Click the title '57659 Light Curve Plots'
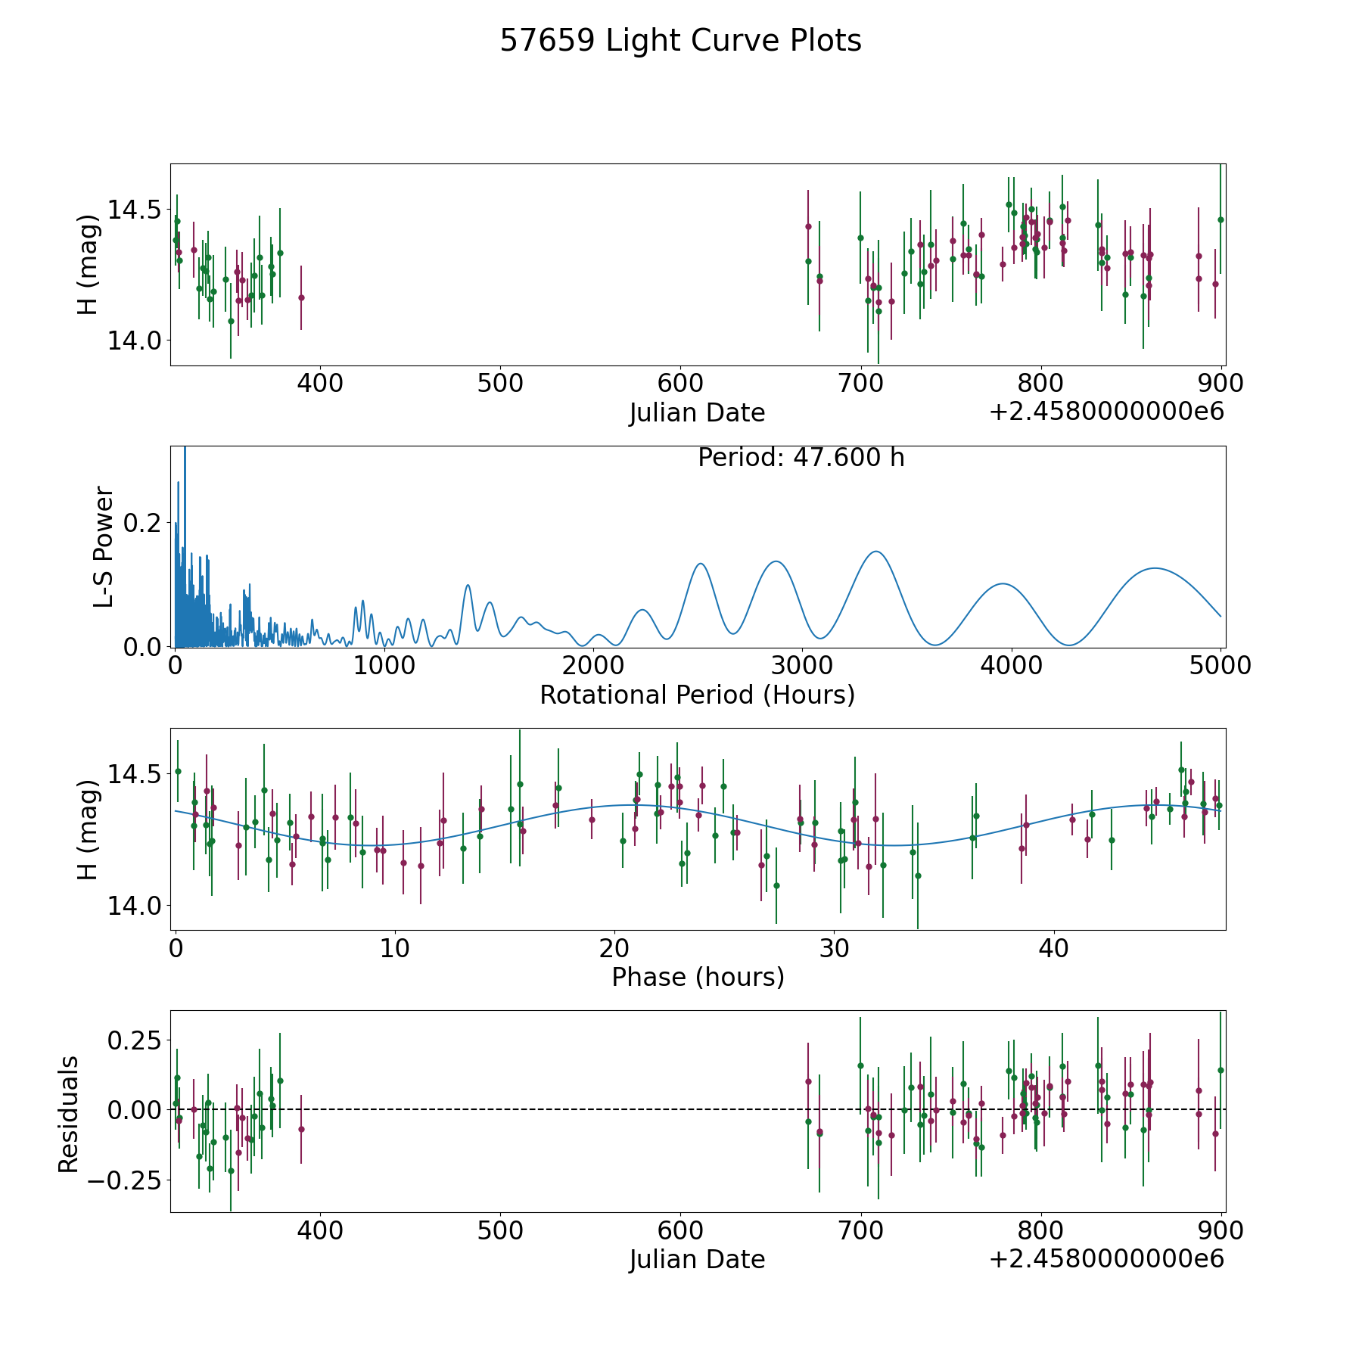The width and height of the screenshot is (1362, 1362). coord(680,41)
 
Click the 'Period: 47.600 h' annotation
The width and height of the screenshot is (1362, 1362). coord(801,458)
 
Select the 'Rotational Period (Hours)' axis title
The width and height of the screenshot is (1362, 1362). coord(697,695)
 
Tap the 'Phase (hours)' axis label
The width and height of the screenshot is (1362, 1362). coord(698,977)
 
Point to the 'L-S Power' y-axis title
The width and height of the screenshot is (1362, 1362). coord(104,546)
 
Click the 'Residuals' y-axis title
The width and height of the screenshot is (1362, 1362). coord(68,1114)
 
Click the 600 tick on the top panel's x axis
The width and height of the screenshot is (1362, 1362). coord(680,384)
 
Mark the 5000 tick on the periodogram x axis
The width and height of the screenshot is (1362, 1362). coord(1220,666)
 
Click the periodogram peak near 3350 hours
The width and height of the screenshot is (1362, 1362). coord(875,552)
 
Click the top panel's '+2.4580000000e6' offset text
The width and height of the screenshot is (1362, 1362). coord(1106,412)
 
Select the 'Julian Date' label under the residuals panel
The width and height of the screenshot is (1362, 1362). coord(697,1259)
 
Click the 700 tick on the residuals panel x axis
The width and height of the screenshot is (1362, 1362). coord(861,1231)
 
